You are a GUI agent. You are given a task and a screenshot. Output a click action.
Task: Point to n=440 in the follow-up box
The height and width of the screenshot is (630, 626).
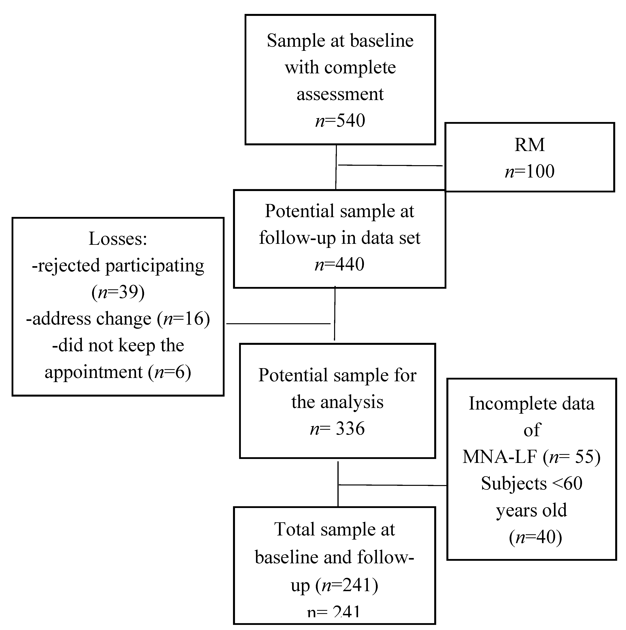click(339, 264)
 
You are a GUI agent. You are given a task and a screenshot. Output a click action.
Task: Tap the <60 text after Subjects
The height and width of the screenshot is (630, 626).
click(568, 483)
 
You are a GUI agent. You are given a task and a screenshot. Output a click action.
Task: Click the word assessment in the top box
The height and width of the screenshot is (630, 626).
click(340, 94)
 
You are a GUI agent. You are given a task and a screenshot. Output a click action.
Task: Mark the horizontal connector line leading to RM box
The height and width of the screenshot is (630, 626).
click(390, 165)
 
